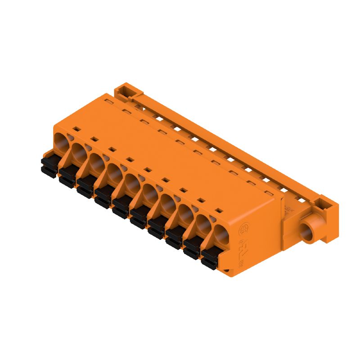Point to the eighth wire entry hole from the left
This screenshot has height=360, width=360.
click(x=185, y=215)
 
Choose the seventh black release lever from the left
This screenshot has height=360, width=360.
click(x=157, y=228)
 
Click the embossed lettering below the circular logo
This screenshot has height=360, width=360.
click(x=243, y=252)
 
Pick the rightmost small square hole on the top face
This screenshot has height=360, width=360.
click(x=219, y=210)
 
